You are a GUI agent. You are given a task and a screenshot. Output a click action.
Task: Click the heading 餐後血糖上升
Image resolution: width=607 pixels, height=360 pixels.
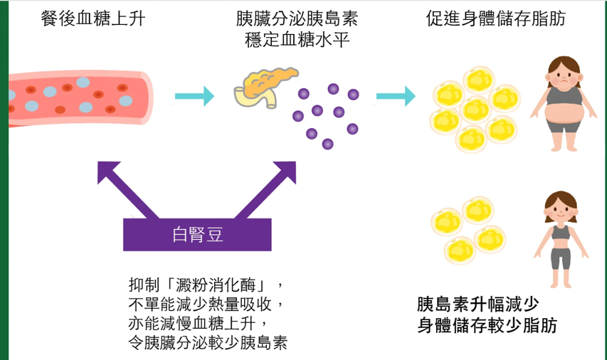click(x=93, y=19)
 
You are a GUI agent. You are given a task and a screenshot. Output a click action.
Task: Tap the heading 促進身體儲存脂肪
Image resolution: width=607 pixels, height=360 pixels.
click(x=495, y=19)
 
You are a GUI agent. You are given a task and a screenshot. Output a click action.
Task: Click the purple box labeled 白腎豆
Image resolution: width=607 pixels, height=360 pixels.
click(x=198, y=235)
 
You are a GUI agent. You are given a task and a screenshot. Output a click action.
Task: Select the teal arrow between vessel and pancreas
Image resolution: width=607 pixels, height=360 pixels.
click(x=194, y=95)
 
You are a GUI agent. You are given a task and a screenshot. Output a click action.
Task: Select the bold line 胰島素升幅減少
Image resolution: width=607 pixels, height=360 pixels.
click(x=476, y=305)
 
